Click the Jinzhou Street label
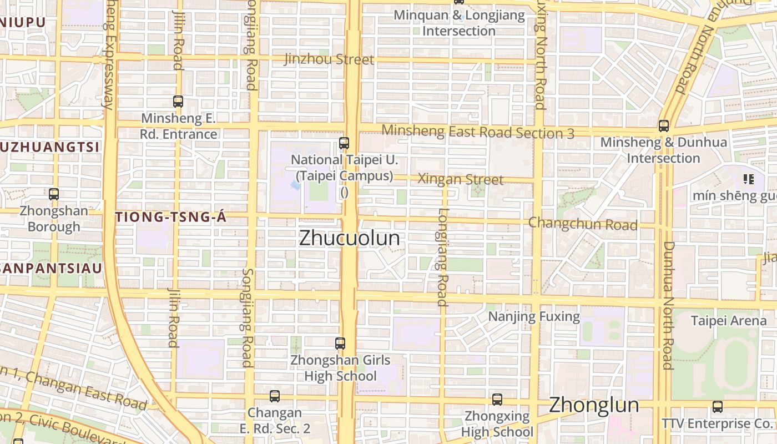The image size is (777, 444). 329,59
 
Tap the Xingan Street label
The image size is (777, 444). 460,179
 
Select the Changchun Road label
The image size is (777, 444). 582,224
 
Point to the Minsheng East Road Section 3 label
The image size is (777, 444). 478,132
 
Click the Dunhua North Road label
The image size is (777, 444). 668,305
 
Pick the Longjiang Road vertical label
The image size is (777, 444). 442,257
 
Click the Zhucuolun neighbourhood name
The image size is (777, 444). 349,238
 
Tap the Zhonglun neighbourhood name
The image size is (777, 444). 593,405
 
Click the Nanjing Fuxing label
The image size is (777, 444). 534,317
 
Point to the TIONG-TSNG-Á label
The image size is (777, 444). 171,218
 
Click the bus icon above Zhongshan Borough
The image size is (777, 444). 54,194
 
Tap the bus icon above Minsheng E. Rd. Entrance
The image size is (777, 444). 178,102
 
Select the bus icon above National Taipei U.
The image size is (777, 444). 344,143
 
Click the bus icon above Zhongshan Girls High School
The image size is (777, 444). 340,344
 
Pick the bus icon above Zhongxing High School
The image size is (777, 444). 497,399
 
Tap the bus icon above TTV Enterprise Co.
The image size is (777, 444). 718,407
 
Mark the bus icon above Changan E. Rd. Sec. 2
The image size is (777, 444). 275,396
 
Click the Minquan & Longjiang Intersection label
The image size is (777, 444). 459,23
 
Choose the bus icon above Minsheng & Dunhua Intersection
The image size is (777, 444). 664,126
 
